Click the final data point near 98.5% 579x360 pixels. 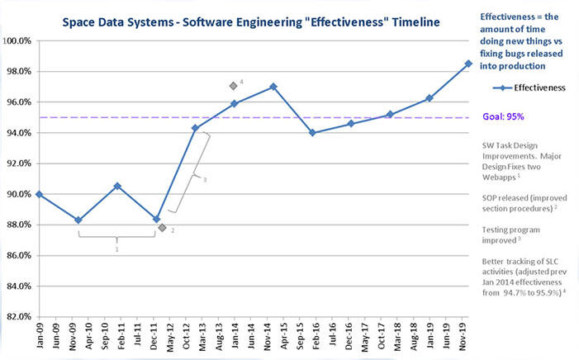(468, 64)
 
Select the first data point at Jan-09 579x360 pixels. (39, 194)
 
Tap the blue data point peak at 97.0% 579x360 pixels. (273, 87)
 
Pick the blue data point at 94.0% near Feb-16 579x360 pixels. (311, 133)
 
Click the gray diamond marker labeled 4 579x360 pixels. (234, 85)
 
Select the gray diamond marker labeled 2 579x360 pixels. (162, 227)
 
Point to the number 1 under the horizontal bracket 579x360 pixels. (117, 248)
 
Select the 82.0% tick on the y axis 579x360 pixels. (20, 316)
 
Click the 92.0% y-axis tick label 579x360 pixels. (20, 163)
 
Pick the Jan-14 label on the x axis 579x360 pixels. (235, 334)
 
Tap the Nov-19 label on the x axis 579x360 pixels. (468, 334)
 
